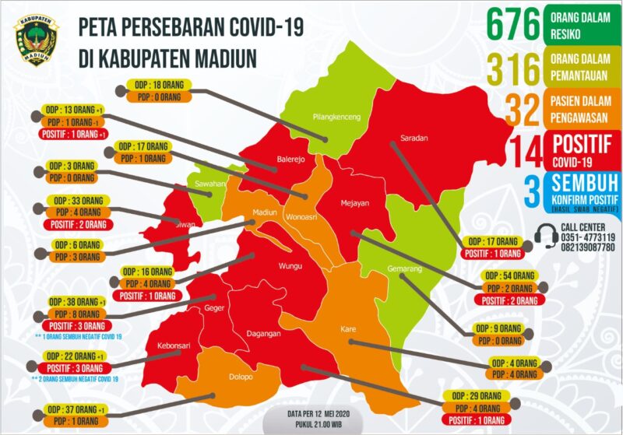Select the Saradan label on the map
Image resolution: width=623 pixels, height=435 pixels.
414,139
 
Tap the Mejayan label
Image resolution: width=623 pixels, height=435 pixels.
354,204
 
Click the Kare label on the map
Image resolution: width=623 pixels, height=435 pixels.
348,329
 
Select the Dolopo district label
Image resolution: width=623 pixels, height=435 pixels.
241,377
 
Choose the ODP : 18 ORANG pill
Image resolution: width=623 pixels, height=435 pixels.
159,86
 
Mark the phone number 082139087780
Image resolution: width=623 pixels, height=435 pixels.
588,247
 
